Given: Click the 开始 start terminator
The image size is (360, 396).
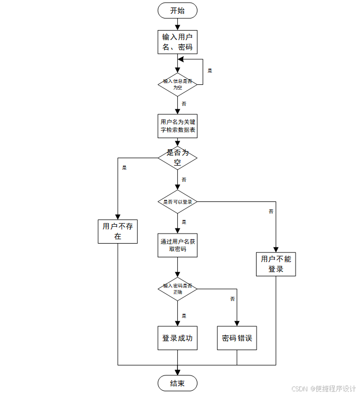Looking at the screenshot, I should pos(177,11).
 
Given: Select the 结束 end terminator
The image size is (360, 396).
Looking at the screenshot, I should pos(177,383).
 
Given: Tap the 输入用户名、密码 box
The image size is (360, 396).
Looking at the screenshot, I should pos(177,42).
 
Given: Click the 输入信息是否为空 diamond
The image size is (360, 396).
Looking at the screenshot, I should pos(177,84).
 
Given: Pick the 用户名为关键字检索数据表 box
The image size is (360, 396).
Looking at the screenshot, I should pos(177,125).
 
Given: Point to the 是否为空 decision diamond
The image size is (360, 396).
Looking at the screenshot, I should pos(177,157).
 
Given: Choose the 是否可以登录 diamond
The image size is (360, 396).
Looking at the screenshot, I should pos(177,201).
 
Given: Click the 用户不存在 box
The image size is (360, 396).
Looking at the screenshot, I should pos(118,231).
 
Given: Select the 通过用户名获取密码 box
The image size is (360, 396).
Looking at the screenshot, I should pos(177,245).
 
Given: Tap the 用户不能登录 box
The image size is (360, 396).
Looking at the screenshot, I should pos(276,263).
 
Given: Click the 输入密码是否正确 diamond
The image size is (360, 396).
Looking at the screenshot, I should pos(177,288).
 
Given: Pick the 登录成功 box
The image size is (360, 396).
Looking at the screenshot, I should pos(177,338).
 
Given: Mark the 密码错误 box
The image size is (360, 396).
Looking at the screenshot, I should pos(237,338).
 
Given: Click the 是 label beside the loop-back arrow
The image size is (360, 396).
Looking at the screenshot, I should pos(210,70).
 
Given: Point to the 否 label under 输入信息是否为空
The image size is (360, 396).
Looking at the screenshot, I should pos(184,104).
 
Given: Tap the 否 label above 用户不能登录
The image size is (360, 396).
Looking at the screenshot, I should pos(271,211).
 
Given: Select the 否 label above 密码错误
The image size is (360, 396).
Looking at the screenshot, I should pos(232,299).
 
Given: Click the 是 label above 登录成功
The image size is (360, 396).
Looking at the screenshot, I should pos(184,315).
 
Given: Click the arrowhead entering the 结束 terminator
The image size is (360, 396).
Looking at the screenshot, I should pos(177,372).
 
